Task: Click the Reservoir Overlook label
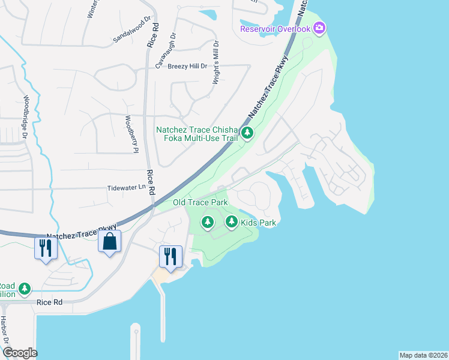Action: click(276, 29)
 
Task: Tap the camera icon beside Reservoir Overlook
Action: click(319, 28)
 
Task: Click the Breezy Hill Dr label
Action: click(187, 66)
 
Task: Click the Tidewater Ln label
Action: click(126, 187)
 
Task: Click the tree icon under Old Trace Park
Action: click(208, 223)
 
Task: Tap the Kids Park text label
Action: click(258, 223)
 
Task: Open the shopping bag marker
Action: click(109, 242)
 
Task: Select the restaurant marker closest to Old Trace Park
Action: click(169, 256)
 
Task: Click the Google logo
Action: click(20, 353)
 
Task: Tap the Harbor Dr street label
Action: click(4, 330)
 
